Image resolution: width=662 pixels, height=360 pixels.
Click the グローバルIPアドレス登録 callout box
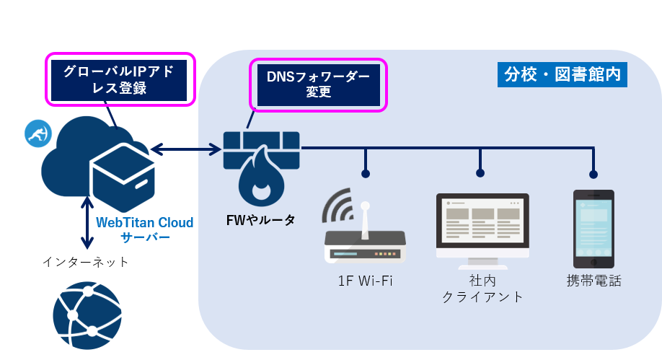pos(120,79)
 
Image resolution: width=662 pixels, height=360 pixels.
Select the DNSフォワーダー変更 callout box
pos(318,84)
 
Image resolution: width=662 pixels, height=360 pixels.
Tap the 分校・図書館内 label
pos(562,74)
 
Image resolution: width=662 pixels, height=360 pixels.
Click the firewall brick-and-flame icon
pos(262,166)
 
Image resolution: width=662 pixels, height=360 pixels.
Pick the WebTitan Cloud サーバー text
pos(145,229)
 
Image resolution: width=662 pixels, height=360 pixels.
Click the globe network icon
pos(87,317)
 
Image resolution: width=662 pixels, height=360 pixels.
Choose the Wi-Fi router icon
pos(364,238)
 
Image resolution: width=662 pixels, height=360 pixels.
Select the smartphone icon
pos(593,229)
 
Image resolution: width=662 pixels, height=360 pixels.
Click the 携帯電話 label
pos(593,281)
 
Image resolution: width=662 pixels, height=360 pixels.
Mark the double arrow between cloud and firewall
pos(186,150)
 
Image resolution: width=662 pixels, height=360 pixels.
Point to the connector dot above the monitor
pos(480,173)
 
